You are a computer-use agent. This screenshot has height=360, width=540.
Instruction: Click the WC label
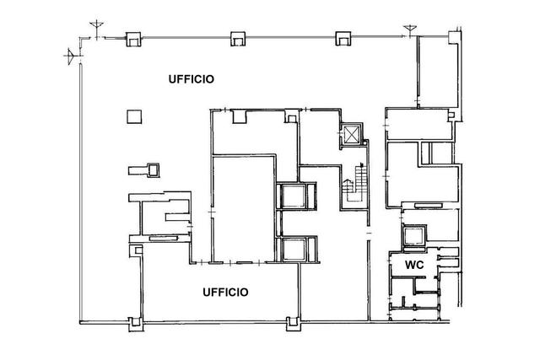pos(414,265)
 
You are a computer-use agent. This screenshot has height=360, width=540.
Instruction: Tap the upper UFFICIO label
pos(192,79)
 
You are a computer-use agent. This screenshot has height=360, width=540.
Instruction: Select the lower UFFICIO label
pos(225,293)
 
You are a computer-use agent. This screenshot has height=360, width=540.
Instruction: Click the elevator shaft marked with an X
pos(351,135)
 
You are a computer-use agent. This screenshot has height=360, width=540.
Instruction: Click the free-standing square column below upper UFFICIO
pos(134,116)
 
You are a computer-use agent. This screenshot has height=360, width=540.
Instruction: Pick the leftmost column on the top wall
pos(133,40)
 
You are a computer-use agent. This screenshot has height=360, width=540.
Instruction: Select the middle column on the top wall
pos(238,39)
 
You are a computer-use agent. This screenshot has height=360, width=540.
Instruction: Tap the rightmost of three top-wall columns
pos(343,38)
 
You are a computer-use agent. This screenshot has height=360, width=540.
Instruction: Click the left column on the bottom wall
pos(136,324)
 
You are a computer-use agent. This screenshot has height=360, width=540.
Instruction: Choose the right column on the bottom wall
pos(294,324)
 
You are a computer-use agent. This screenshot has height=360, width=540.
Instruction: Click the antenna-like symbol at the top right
pos(410,30)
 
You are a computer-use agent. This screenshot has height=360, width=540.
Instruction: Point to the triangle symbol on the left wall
pos(70,55)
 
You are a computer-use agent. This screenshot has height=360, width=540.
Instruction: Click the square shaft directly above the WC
pos(414,236)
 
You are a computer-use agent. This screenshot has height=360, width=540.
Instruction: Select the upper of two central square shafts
pos(294,196)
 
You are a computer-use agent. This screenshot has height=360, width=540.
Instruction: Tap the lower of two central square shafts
pos(294,250)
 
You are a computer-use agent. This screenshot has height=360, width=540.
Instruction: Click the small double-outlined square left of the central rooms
pos(154,170)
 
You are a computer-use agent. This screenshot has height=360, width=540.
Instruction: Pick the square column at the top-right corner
pos(454,37)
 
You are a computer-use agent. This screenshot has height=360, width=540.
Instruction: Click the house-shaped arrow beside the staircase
pos(348,184)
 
